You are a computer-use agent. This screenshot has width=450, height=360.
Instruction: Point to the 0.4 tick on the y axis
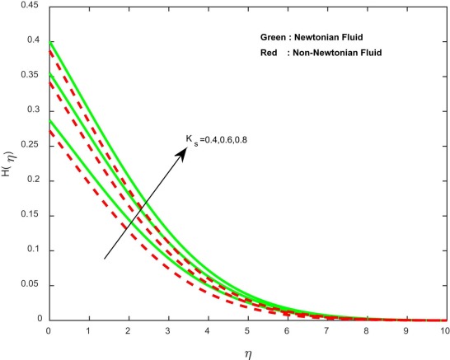click(32, 40)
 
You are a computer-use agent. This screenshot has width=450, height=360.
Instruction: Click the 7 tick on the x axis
click(326, 330)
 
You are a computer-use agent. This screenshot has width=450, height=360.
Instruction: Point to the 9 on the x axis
click(405, 330)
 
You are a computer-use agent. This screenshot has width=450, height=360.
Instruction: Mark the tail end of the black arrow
click(105, 259)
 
